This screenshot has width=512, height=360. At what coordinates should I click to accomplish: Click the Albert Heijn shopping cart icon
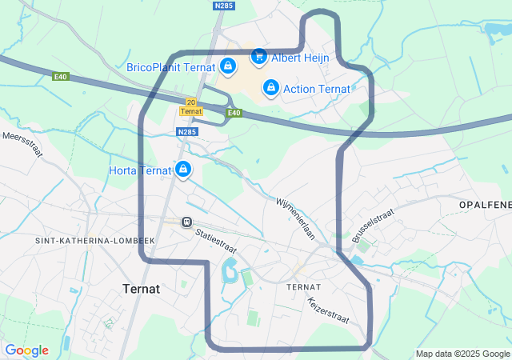(258, 56)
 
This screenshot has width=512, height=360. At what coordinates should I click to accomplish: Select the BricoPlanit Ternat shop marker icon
(228, 66)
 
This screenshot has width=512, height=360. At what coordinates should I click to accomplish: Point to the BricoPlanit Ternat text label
(171, 67)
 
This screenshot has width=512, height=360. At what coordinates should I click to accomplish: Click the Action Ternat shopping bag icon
(271, 86)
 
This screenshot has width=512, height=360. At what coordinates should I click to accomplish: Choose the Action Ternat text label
(317, 87)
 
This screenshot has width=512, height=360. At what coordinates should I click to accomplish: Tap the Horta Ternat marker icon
(183, 170)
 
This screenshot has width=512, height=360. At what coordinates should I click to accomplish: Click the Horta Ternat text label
(141, 170)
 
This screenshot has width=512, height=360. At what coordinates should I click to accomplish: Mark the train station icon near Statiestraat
(186, 222)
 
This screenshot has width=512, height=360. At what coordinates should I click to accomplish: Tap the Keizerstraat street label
(328, 311)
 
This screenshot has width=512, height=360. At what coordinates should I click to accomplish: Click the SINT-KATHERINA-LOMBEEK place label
(94, 240)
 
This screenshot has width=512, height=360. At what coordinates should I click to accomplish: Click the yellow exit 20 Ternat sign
(190, 106)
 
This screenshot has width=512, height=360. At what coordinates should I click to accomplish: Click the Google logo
(26, 350)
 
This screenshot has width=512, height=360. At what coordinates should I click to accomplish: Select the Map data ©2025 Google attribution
(462, 354)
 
